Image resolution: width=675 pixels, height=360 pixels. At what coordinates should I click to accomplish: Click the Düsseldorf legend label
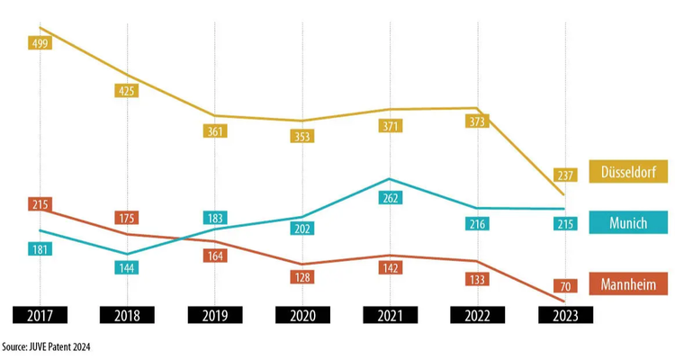click(628, 171)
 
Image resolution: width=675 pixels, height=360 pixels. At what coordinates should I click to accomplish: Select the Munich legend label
click(628, 223)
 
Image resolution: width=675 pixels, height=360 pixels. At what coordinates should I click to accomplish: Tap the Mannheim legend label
click(628, 284)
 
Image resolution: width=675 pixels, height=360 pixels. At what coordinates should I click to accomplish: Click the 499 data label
click(40, 43)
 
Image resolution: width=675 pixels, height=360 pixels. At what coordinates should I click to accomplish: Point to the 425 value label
click(127, 90)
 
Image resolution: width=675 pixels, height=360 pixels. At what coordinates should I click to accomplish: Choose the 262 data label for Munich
click(391, 198)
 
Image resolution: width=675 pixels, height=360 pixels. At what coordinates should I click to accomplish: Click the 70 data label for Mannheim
click(565, 286)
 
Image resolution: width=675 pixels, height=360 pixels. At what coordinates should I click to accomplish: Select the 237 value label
click(565, 175)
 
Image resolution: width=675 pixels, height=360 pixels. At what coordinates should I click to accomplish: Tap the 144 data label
click(127, 267)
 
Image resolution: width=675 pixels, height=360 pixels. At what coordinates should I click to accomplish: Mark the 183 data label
click(216, 219)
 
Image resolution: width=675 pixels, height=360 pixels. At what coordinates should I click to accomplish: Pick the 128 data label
click(303, 277)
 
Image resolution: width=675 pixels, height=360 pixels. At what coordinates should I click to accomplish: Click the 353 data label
click(303, 137)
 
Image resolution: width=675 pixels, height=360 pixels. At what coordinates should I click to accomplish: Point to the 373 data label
click(477, 121)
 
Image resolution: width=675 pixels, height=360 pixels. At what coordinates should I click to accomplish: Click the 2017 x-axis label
click(40, 315)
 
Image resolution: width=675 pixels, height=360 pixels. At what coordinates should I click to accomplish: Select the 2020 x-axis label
click(303, 315)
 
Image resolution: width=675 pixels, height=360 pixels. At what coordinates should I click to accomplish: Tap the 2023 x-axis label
click(565, 315)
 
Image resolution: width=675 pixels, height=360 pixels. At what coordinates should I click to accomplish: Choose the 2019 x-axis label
click(216, 315)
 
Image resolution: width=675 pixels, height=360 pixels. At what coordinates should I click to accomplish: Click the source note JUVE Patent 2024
click(47, 346)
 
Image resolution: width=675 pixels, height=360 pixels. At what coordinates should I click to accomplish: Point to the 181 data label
click(40, 248)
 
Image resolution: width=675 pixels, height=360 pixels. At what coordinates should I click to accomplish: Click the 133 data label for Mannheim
click(477, 279)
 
